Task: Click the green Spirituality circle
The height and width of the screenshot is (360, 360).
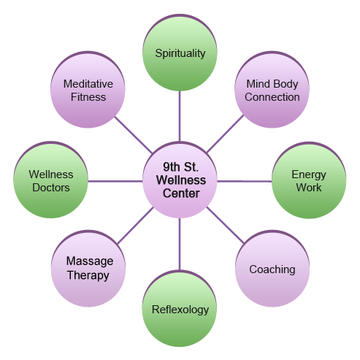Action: click(180, 53)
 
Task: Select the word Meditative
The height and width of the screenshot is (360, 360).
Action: click(88, 84)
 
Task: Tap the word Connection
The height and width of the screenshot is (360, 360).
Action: click(272, 97)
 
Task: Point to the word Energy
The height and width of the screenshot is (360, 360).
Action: click(309, 175)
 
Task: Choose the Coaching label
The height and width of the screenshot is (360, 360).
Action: click(272, 269)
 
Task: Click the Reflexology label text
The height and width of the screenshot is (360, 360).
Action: click(180, 310)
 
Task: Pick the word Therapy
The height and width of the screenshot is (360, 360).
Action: click(88, 275)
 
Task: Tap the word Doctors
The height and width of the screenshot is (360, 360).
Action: click(51, 188)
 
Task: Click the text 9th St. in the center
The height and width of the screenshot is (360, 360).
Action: click(180, 167)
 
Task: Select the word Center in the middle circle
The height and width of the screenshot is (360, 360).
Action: click(181, 194)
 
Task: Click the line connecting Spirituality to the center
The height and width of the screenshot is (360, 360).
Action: click(180, 116)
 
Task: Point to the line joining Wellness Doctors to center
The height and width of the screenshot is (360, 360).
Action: click(115, 181)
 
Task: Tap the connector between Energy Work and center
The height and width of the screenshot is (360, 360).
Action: click(245, 181)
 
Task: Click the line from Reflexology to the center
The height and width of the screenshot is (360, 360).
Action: click(180, 244)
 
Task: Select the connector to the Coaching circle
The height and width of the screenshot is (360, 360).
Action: click(225, 226)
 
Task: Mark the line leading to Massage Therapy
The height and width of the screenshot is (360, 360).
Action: click(135, 226)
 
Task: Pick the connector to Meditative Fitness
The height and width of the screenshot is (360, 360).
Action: click(134, 135)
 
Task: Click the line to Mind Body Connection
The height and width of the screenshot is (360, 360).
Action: click(225, 134)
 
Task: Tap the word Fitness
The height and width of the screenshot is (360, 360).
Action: click(88, 97)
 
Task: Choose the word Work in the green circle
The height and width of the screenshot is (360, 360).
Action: click(309, 188)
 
